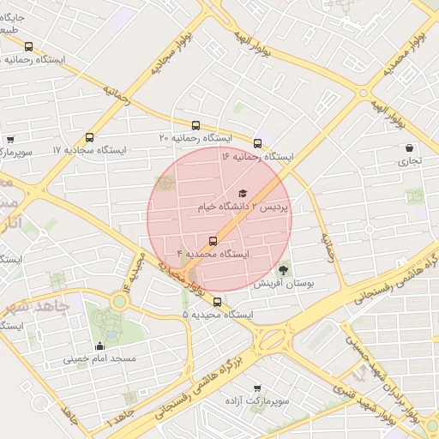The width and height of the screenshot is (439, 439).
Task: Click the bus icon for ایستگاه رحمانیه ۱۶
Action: point(257,143)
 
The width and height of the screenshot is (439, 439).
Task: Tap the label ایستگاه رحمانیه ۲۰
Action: point(195,137)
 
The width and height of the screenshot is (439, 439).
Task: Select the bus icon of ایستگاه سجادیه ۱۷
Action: point(90,136)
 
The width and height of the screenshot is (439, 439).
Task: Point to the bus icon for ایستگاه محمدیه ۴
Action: point(213,240)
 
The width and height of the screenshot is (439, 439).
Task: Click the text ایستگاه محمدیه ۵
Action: point(217,316)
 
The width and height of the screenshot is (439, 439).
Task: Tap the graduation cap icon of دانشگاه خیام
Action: point(243,193)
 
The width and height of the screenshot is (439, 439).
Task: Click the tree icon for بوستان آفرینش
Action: point(284,269)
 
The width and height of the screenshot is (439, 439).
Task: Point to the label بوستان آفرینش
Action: point(285,282)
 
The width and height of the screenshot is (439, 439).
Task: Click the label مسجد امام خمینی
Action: point(99,359)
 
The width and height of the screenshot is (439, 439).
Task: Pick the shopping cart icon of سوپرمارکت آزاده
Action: point(281,388)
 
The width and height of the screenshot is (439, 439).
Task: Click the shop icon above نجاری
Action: point(409,147)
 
